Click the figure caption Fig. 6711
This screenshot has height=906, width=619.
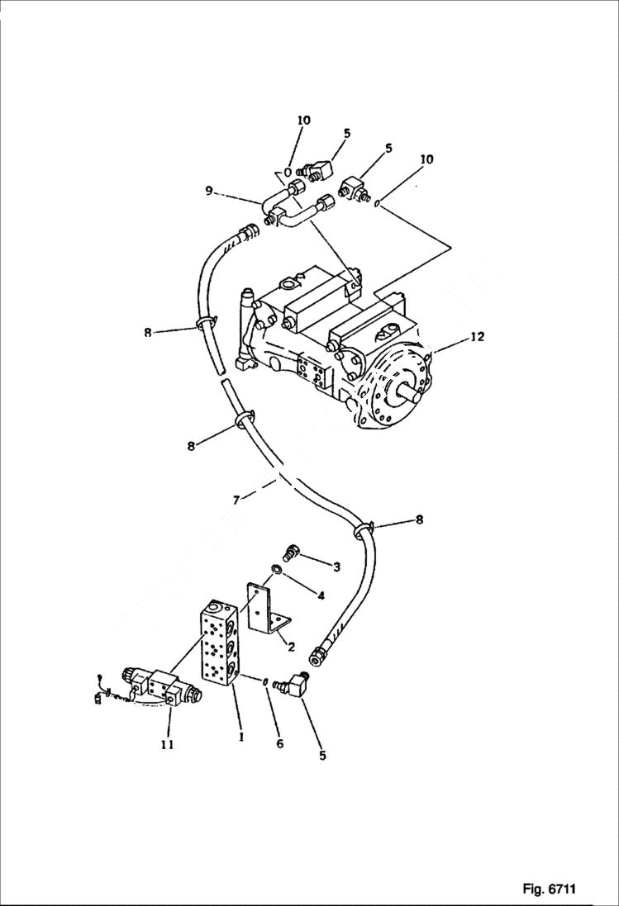point(548,889)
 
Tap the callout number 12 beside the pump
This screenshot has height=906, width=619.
point(477,336)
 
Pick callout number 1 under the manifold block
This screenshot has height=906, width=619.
point(240,738)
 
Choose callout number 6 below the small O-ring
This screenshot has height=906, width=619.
point(279,743)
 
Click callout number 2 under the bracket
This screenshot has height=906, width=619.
point(290,647)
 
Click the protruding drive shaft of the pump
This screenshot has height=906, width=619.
point(412,393)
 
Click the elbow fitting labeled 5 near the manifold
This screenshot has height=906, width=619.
point(293,686)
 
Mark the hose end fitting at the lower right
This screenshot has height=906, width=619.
point(317,654)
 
